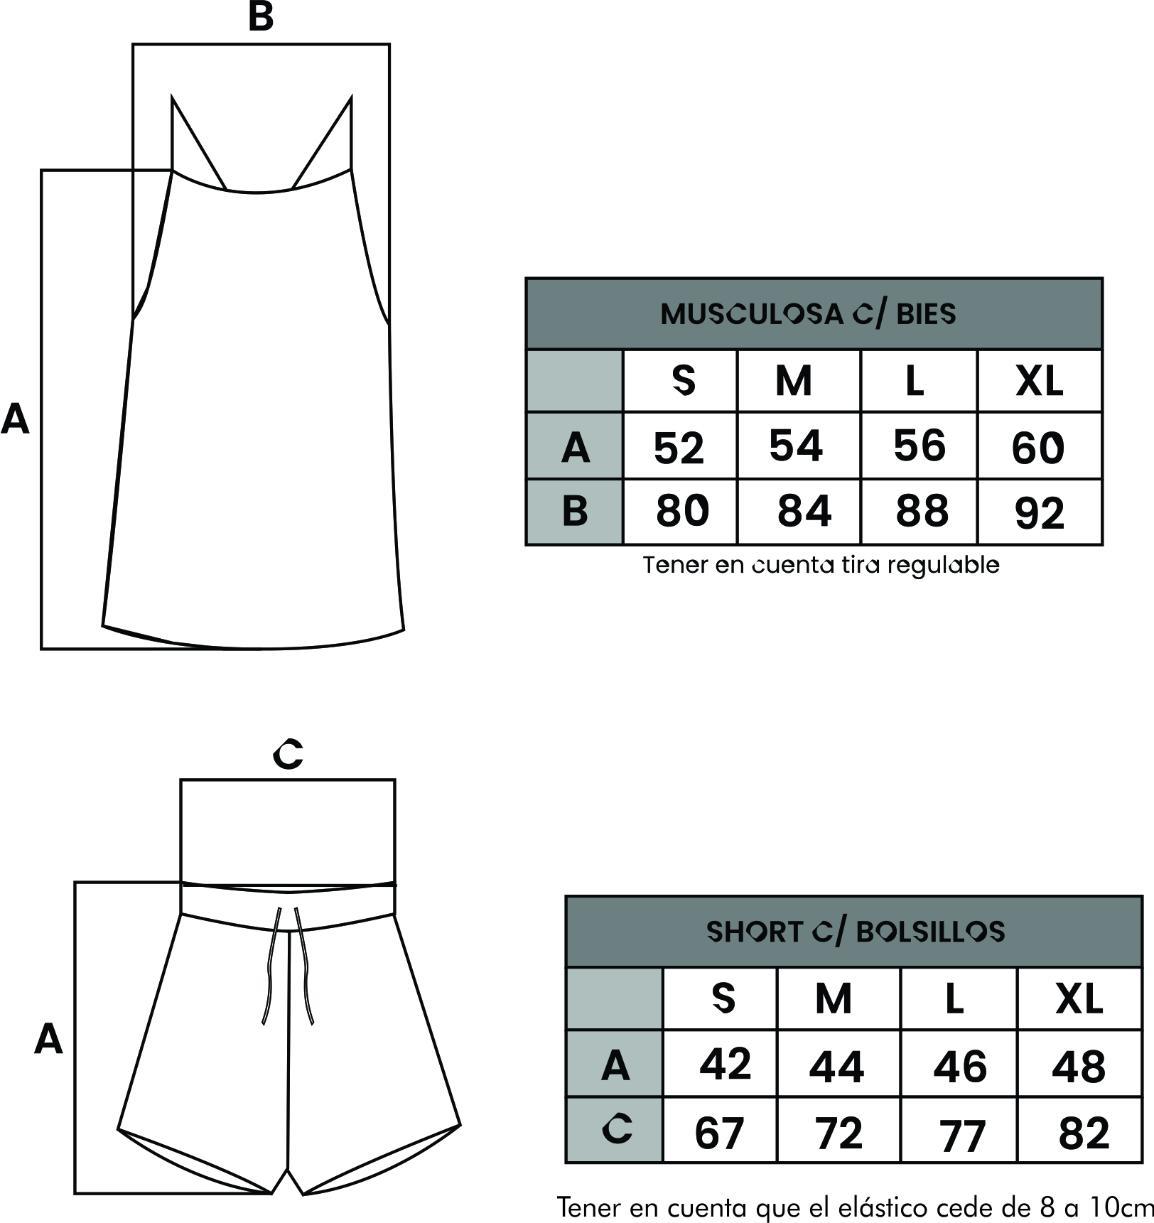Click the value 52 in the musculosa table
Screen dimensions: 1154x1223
[x=679, y=448]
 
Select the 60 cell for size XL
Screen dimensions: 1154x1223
[x=1038, y=448]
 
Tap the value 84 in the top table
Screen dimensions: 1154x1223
[x=804, y=510]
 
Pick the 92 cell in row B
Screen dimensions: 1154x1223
[x=1040, y=513]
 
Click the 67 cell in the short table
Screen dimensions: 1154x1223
[x=719, y=1133]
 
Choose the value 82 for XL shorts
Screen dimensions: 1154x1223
[x=1084, y=1133]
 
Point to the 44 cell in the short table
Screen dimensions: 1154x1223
[x=836, y=1067]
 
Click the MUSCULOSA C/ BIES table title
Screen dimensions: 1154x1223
[x=808, y=313]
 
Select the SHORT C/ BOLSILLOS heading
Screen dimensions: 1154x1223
[x=856, y=932]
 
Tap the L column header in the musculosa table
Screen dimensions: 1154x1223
[x=915, y=382]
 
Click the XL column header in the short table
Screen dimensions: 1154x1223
[x=1079, y=999]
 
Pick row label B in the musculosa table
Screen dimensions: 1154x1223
[x=575, y=510]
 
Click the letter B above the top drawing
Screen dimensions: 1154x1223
[x=261, y=16]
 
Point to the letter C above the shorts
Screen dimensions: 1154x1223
[x=288, y=753]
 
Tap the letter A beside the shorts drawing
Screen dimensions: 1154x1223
[x=48, y=1039]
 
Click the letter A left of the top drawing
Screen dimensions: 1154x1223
[x=15, y=419]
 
